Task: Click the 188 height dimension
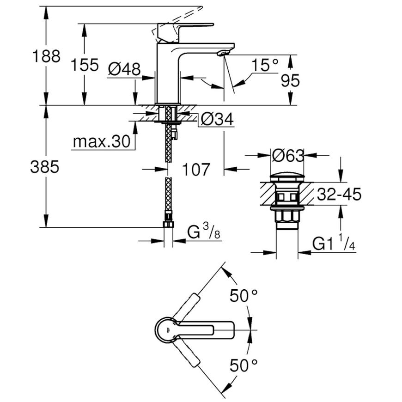click(46, 56)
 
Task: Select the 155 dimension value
click(85, 65)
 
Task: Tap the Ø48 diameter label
click(124, 69)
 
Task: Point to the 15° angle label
click(265, 65)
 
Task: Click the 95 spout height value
click(290, 80)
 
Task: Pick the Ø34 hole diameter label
click(217, 119)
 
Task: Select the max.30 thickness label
click(102, 141)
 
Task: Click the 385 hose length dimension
click(45, 167)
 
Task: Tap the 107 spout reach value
click(196, 169)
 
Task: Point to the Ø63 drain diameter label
click(288, 155)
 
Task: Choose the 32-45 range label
click(339, 194)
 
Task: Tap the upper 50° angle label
click(244, 295)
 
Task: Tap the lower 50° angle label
click(244, 365)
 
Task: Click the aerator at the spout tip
click(223, 53)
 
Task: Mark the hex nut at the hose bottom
click(168, 224)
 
